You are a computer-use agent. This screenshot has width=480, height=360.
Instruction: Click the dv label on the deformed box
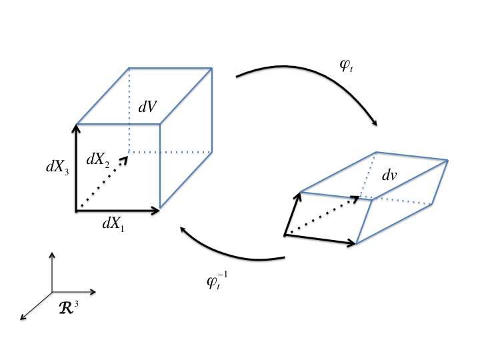tap(390, 176)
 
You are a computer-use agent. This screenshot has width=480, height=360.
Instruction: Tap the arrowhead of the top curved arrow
tap(376, 125)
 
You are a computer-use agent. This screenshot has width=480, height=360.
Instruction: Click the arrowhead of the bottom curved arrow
tap(182, 229)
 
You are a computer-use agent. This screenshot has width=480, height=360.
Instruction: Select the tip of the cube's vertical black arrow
tap(77, 127)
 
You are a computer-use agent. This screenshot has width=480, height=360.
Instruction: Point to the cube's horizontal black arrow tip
tap(159, 211)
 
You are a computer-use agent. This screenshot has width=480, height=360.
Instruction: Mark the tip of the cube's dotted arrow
tap(127, 155)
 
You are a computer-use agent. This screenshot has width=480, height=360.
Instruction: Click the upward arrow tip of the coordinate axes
tap(52, 254)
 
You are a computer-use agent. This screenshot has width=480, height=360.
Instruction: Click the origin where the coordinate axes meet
tap(52, 292)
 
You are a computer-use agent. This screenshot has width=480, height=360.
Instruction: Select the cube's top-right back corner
tap(213, 67)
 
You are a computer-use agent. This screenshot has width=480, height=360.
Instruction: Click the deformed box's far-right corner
tap(447, 160)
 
